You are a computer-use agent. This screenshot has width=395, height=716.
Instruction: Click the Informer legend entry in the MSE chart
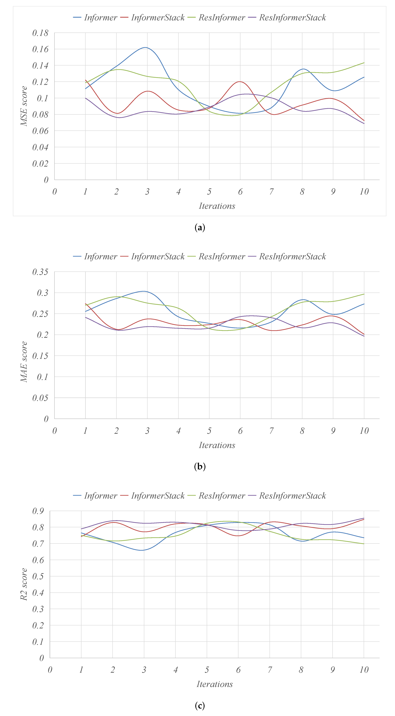click(95, 18)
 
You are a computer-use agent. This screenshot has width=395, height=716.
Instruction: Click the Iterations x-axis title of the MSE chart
click(217, 206)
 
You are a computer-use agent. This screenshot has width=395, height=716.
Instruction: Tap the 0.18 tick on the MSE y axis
click(40, 33)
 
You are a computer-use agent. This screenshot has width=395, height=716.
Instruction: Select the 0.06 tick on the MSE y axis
click(40, 131)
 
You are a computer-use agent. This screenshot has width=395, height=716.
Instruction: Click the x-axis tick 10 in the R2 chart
click(364, 670)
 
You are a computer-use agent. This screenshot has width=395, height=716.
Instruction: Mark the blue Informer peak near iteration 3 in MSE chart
click(145, 48)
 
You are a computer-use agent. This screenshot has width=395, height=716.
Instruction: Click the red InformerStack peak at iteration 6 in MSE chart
click(240, 82)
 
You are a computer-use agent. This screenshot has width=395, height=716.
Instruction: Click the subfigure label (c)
click(200, 705)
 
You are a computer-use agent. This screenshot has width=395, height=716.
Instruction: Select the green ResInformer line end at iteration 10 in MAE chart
click(364, 294)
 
